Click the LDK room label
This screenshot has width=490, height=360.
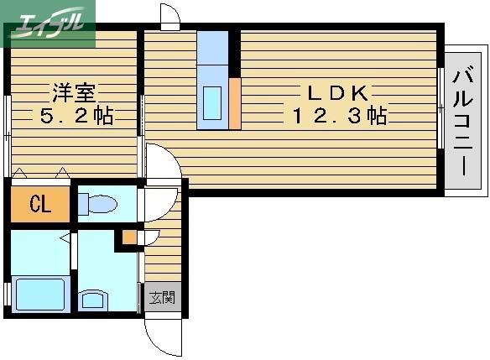point(338,93)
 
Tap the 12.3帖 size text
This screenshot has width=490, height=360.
point(340,116)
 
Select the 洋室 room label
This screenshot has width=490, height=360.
point(74,93)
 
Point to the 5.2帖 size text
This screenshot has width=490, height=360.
point(76,116)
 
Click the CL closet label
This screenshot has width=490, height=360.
point(40,204)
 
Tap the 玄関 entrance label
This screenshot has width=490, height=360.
point(162,297)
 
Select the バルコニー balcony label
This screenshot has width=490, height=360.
point(463,121)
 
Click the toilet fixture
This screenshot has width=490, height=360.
point(97,204)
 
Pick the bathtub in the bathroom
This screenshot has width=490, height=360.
point(40,294)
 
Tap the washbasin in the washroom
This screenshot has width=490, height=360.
point(92,300)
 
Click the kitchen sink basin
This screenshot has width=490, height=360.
point(212,103)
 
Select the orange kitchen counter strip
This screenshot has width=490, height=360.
point(235,103)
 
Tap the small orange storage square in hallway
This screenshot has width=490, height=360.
point(129,237)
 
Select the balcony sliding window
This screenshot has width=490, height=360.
point(440,108)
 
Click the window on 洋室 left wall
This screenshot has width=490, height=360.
point(8,135)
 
